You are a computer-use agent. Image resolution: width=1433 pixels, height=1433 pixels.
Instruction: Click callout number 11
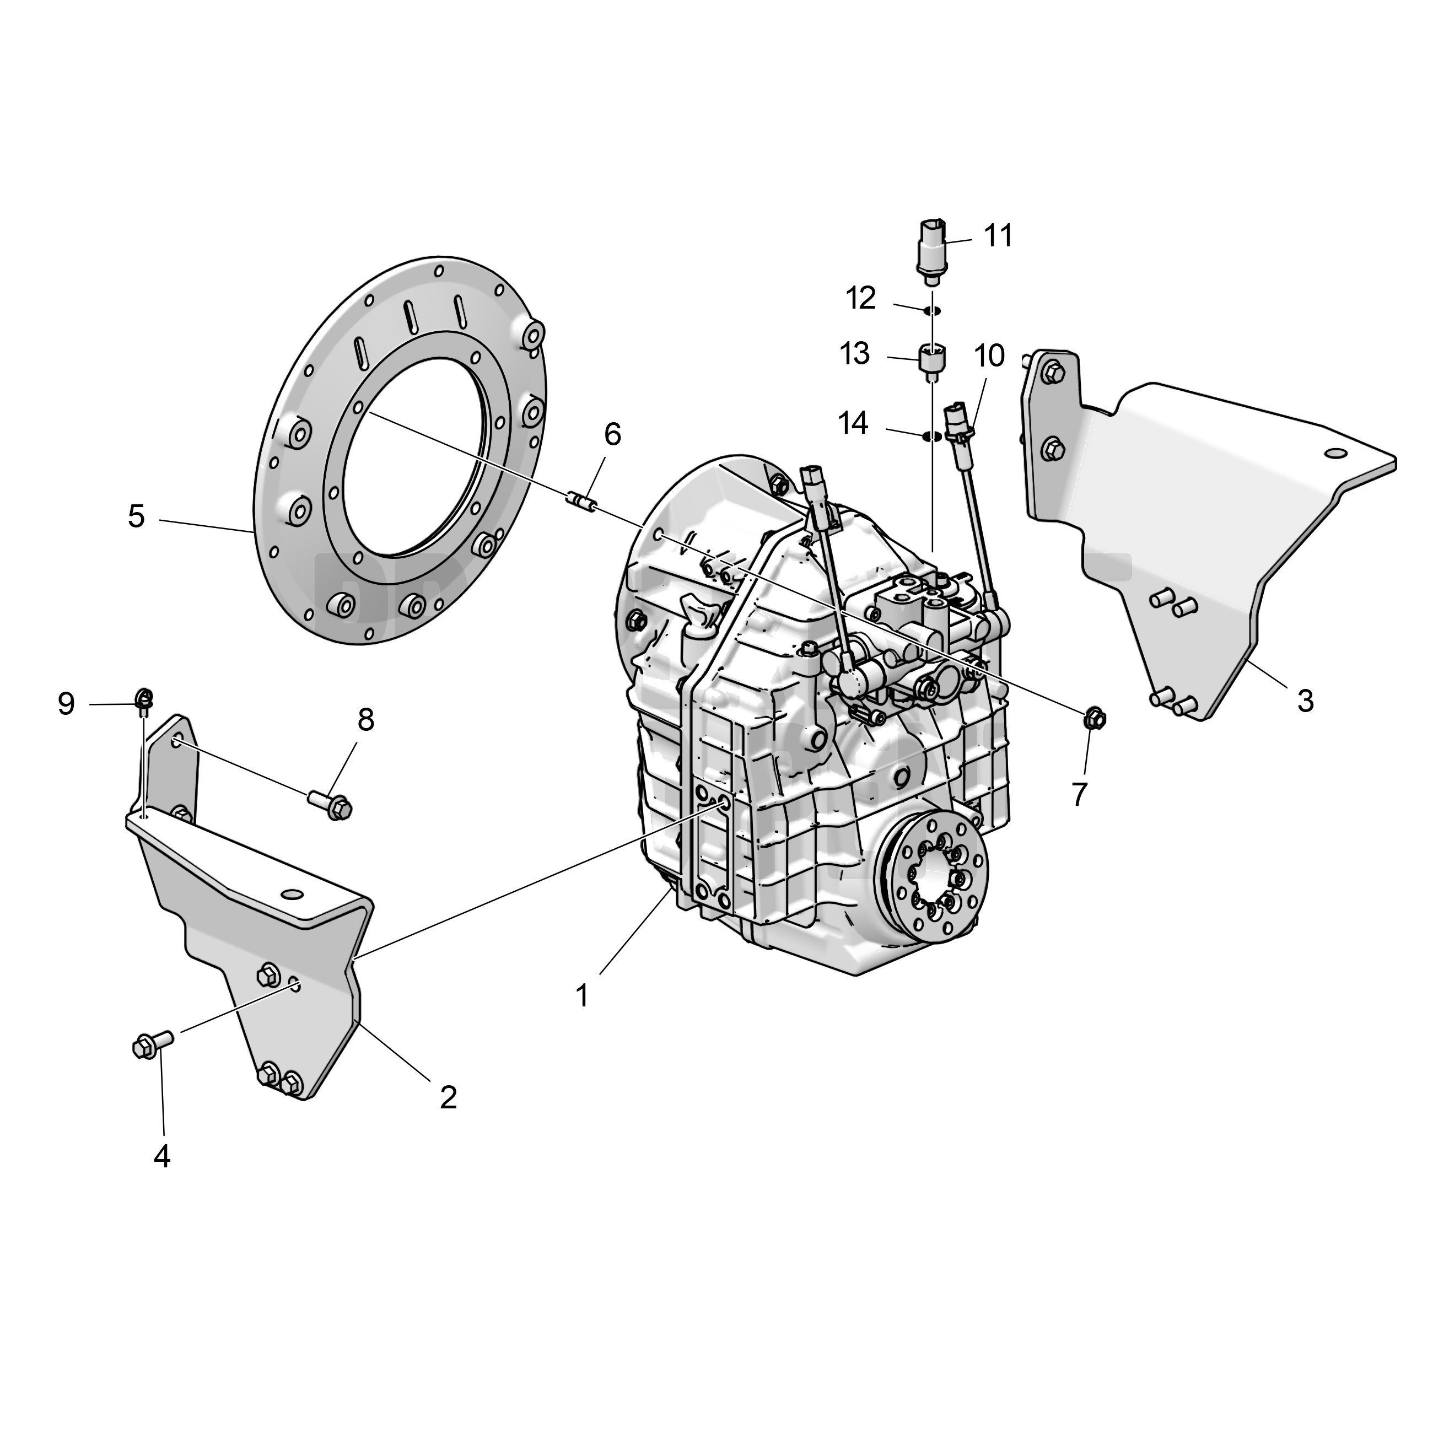[998, 236]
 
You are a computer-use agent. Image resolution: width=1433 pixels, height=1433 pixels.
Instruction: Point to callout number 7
[1079, 794]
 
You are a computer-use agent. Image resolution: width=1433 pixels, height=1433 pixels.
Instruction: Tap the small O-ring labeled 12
[933, 310]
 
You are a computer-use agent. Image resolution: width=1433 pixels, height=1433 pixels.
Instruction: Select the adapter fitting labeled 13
[933, 363]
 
